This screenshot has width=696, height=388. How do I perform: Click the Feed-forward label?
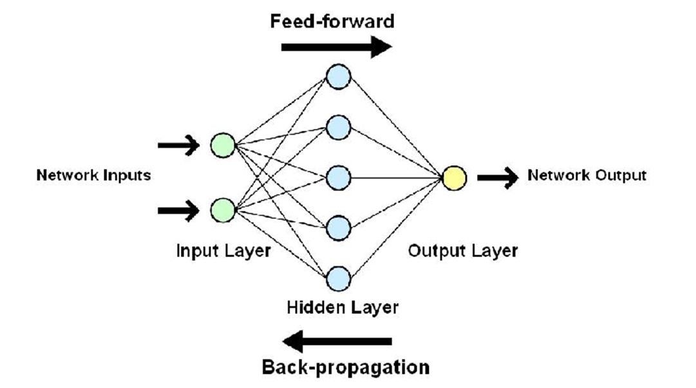point(332,21)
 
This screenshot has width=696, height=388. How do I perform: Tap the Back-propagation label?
point(345,367)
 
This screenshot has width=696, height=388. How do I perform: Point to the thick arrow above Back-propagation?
point(337,341)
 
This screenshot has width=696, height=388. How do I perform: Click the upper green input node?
point(223,146)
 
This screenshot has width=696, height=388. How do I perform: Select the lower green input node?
point(223,210)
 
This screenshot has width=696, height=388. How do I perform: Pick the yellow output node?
point(454,177)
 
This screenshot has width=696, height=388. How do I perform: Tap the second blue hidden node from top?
point(338,127)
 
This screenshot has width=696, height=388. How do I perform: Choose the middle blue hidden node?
point(338,177)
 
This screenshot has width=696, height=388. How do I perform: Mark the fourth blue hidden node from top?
point(338,228)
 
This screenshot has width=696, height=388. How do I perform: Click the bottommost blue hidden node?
point(338,278)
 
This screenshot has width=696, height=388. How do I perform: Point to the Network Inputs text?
point(93,175)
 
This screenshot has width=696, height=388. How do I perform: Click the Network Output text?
point(587,175)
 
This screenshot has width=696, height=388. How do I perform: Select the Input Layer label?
point(223,250)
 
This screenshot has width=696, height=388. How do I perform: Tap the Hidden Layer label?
point(342,307)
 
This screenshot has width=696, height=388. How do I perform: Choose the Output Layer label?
point(462,250)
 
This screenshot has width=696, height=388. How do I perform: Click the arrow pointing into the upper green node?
point(178,146)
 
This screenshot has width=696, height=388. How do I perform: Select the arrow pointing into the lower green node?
point(178,210)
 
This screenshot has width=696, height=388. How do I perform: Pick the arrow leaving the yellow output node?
point(498,177)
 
